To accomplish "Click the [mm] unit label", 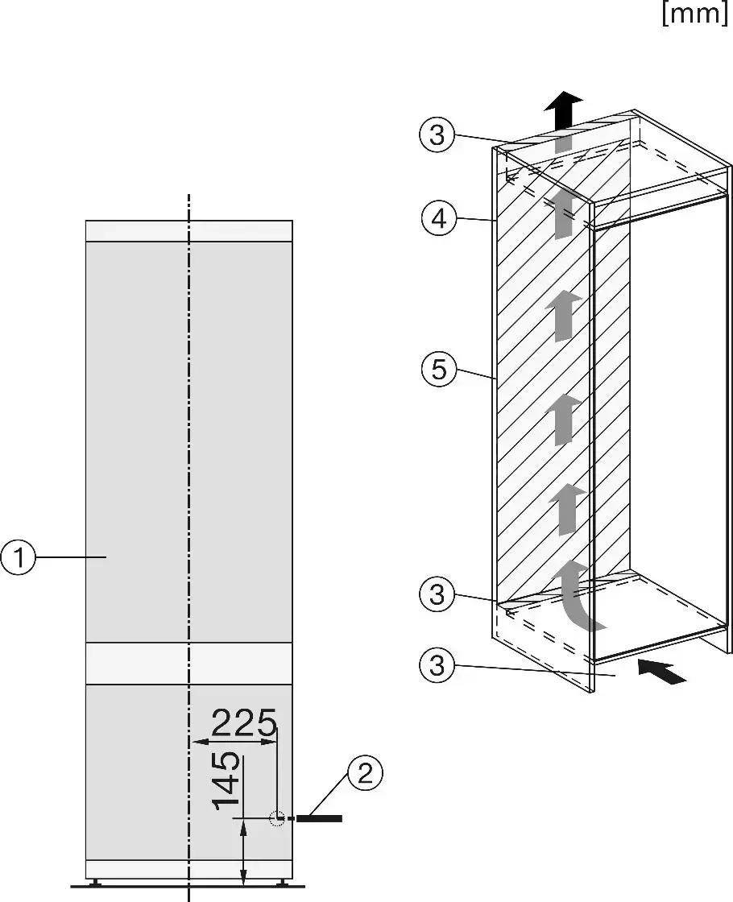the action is pos(695,13).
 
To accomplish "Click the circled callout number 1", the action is pos(19,557).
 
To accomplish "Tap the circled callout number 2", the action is pos(365,774).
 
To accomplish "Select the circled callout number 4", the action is pos(438,218).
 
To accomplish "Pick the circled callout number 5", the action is pos(438,369).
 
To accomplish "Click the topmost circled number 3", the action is pos(437,134).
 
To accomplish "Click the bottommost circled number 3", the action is pos(437,665).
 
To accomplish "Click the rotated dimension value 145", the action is pos(226,780).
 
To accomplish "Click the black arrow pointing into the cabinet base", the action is pos(662,672).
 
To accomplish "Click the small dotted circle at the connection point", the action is pos(277,818).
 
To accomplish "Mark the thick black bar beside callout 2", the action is pos(319,818).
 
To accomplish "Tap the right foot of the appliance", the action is pos(283,882).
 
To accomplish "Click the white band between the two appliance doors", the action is pos(188,664).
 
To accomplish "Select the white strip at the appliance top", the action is pos(188,230).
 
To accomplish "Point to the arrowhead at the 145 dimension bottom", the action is pos(244,829).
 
